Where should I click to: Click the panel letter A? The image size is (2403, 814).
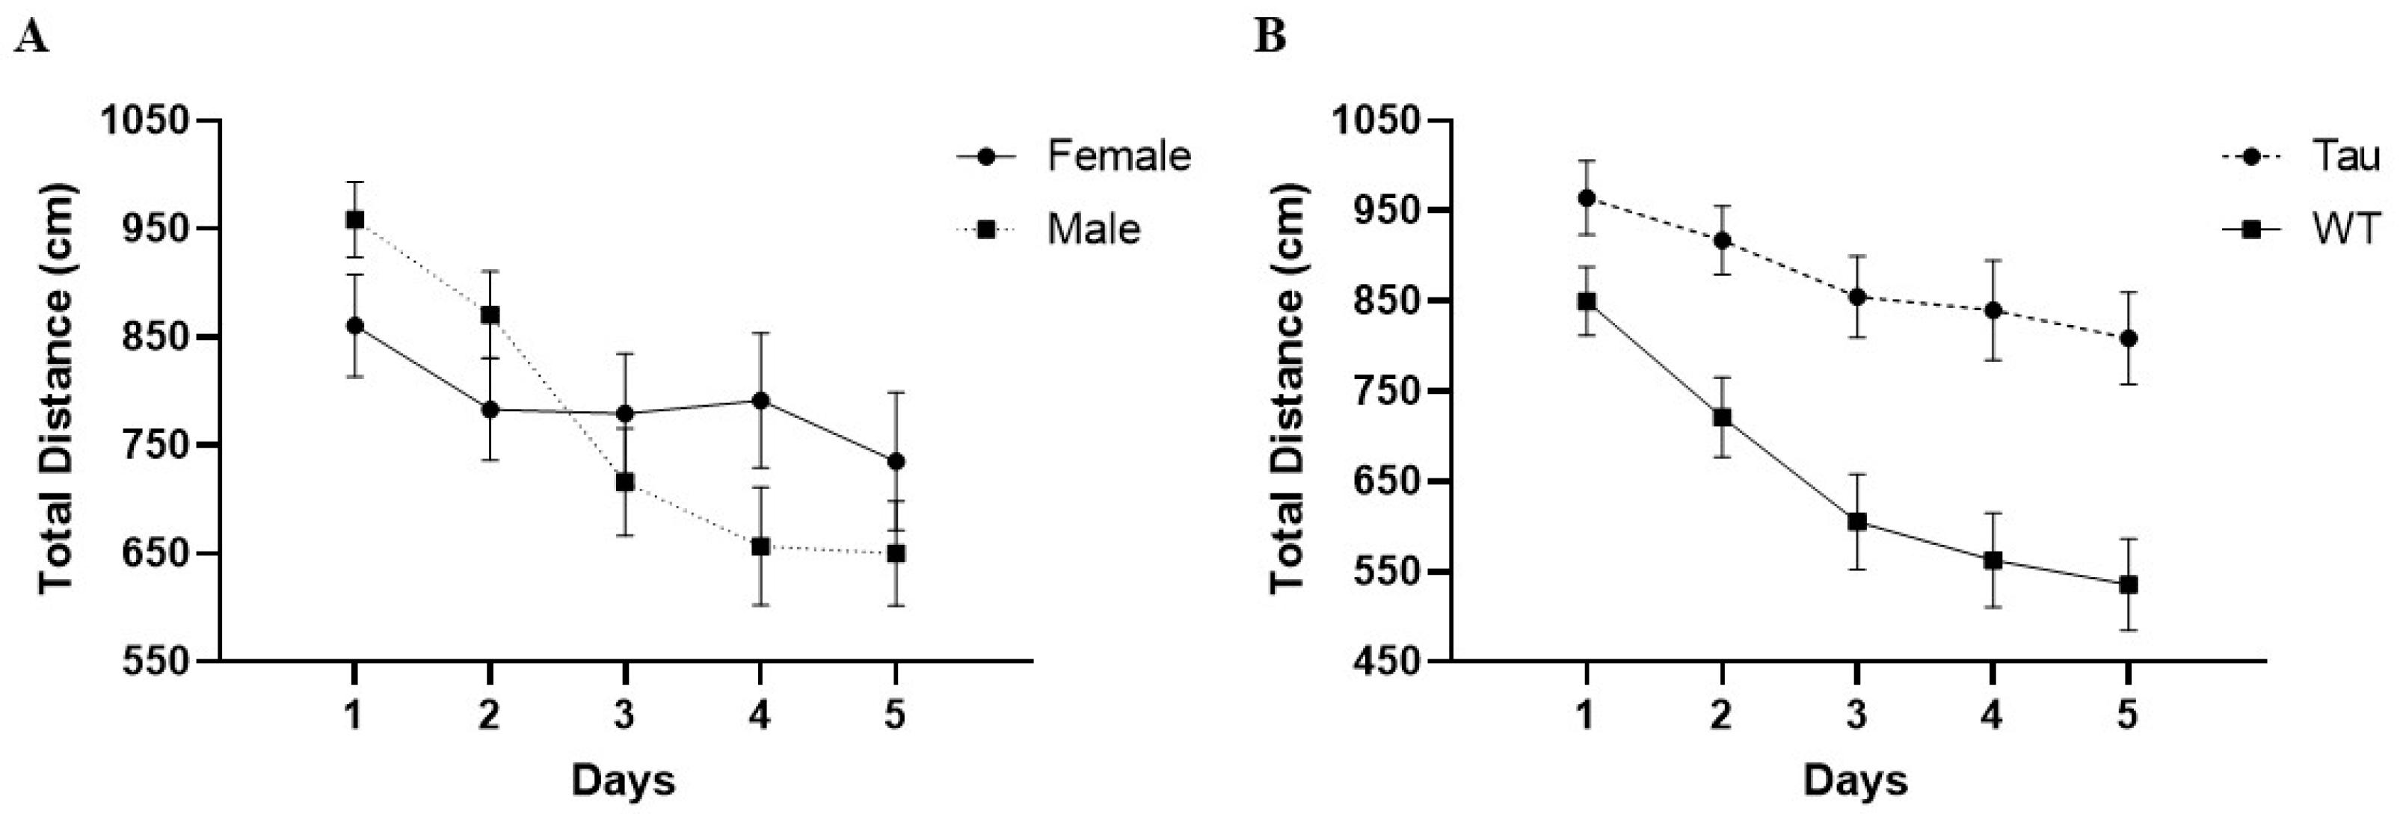tap(31, 38)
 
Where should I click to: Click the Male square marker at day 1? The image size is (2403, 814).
tap(354, 220)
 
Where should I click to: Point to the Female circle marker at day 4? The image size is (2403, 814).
tap(760, 401)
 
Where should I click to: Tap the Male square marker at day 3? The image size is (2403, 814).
tap(625, 482)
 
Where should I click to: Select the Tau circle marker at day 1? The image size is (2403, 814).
tap(1587, 197)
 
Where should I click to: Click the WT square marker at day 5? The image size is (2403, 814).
tap(2128, 585)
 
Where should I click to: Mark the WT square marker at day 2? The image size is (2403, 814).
tap(1722, 417)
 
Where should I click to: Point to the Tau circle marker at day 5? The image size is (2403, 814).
tap(2128, 339)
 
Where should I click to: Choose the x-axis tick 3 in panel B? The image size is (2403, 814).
tap(1857, 716)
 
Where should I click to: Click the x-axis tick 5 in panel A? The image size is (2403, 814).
tap(896, 716)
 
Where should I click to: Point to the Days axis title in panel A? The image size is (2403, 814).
tap(623, 780)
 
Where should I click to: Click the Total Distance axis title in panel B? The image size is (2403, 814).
tap(1288, 389)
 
